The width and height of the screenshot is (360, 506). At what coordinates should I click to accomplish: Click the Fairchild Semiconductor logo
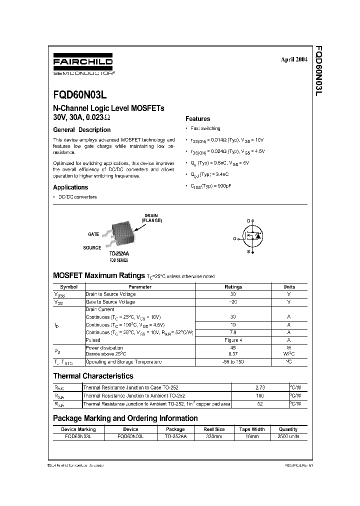pos(82,65)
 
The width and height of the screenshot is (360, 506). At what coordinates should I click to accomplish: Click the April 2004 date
pos(293,59)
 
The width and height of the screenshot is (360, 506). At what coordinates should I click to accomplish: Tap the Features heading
pos(197,119)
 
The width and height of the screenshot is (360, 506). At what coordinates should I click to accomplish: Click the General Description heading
pos(81,129)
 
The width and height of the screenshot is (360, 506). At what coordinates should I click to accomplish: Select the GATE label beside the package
pos(93,234)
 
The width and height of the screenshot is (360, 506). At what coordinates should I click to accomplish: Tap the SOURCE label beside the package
pos(92,247)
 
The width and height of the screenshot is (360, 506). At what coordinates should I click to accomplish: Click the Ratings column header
pos(233,287)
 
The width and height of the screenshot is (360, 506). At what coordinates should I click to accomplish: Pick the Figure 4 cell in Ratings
pos(233,340)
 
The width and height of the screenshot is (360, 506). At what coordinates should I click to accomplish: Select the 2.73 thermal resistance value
pos(259,387)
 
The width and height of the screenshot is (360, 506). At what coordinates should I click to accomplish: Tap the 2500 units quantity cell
pos(288,436)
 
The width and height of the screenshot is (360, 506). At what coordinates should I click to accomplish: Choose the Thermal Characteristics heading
pos(93,375)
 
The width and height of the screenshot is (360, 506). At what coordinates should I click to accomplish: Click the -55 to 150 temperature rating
pos(233,361)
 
